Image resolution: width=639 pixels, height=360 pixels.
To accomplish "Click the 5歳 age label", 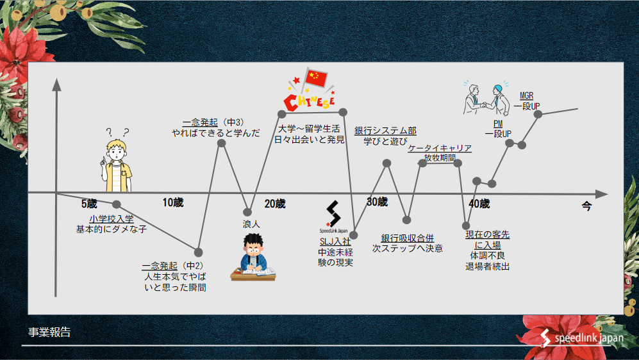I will [89, 204].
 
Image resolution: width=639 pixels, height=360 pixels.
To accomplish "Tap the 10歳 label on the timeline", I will [172, 203].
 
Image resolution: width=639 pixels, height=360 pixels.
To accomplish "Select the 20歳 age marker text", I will [275, 204].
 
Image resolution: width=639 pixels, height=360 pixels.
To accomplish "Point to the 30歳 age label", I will [377, 202].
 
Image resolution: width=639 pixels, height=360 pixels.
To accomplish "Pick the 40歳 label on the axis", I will [479, 204].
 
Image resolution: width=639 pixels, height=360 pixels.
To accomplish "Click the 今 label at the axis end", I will [586, 206].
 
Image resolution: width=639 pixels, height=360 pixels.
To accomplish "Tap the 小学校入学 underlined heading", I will [111, 219].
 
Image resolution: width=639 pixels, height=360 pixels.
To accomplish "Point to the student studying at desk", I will [253, 258].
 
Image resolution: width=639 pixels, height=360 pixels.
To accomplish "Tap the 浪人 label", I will [251, 224].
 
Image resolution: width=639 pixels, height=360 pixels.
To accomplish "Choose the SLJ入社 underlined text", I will [335, 241].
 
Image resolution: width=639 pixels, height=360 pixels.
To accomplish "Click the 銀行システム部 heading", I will [385, 131].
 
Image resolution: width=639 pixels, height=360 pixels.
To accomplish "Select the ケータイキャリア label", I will [440, 149].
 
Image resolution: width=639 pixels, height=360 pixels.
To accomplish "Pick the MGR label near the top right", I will [526, 96].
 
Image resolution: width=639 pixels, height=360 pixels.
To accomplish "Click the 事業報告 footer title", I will [49, 332].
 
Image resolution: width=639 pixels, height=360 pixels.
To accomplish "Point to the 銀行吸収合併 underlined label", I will [408, 238].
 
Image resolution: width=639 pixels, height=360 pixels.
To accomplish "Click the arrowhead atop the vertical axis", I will [57, 84].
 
